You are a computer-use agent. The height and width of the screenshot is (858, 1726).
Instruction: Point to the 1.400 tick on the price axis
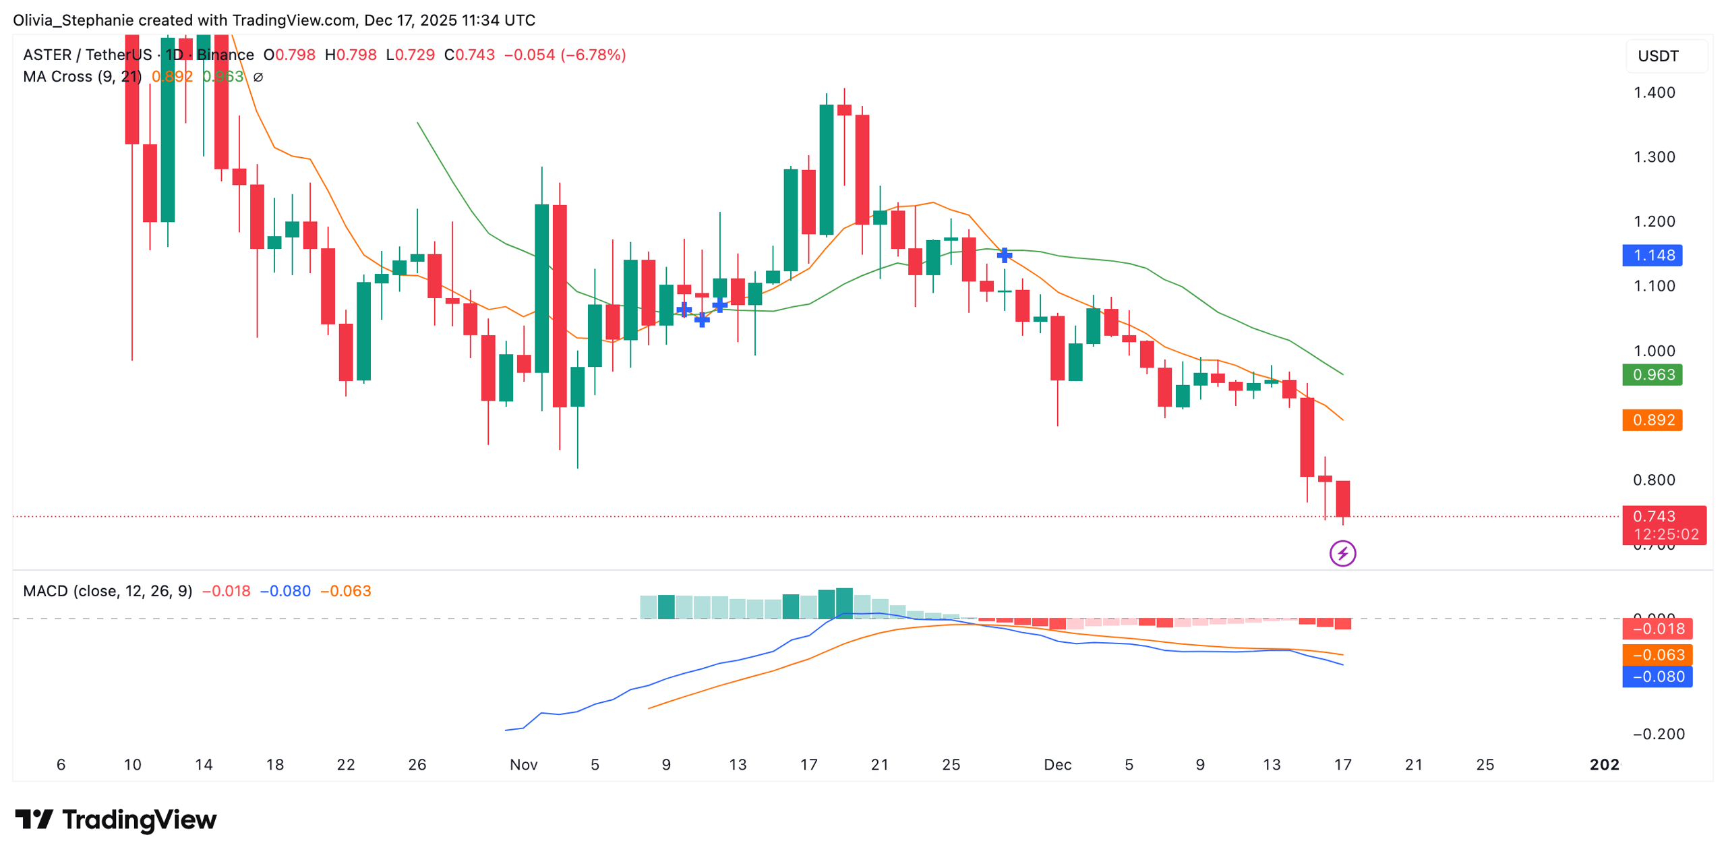(1653, 92)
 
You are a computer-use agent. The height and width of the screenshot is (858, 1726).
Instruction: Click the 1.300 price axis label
(1653, 157)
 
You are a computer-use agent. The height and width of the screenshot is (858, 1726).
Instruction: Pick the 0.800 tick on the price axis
(1653, 480)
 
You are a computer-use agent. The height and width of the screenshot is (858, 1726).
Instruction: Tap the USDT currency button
(1658, 56)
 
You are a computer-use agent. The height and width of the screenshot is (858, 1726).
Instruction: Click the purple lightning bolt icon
(1342, 554)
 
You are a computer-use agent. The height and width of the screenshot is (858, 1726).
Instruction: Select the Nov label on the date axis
(523, 764)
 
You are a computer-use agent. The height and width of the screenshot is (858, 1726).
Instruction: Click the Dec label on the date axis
(1057, 764)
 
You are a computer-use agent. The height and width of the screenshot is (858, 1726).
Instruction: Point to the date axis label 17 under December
(1342, 764)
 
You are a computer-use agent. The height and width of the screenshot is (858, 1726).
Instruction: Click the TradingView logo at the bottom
(116, 820)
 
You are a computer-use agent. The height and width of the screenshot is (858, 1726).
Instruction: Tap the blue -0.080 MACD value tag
(1657, 677)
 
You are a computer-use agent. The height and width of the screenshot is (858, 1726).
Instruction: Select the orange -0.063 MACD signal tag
(1657, 654)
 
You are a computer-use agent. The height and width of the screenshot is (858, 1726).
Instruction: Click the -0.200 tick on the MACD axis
(1658, 734)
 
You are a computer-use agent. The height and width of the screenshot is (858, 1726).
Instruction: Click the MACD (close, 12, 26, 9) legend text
(107, 591)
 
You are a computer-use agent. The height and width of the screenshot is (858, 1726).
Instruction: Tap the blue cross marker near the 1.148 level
(1004, 255)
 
